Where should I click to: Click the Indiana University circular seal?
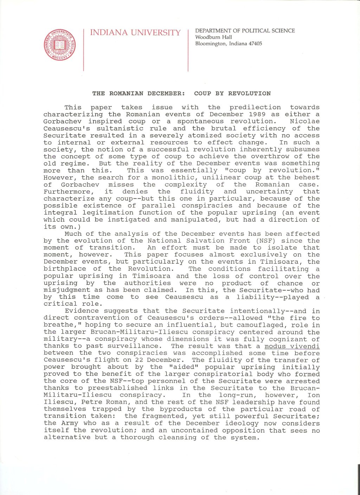[60, 45]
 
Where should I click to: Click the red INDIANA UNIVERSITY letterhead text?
[135, 33]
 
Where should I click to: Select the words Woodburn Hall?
[213, 37]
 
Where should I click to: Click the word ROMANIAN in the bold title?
[126, 94]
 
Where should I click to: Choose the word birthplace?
[65, 269]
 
